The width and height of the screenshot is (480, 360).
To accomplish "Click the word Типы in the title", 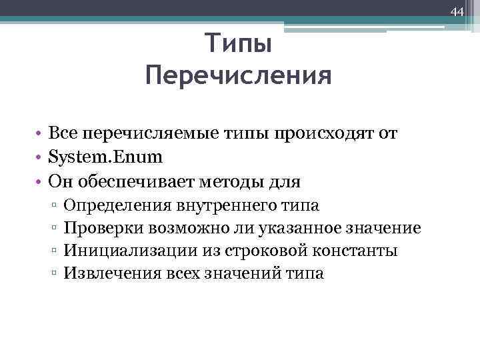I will [x=238, y=45].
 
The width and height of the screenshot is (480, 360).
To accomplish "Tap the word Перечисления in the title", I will [x=238, y=75].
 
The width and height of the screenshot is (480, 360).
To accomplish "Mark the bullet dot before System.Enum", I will [x=41, y=157].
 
